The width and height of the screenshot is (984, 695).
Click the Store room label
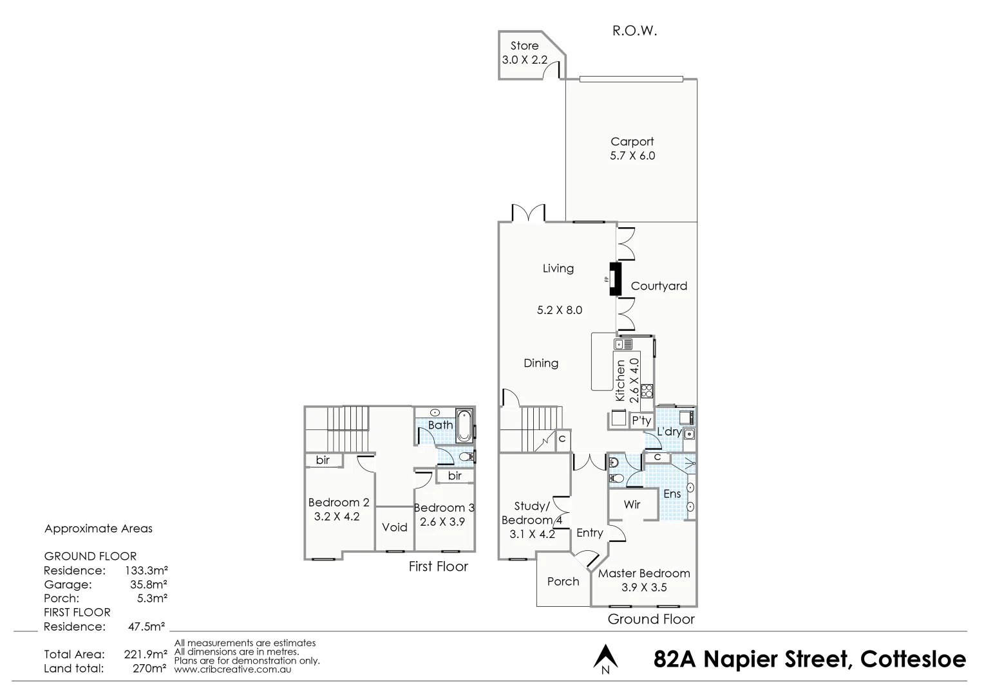pos(524,46)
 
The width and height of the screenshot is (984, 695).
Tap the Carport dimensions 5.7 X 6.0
pos(632,156)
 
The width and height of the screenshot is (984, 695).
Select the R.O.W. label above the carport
pos(634,31)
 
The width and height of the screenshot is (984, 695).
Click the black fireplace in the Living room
pos(615,280)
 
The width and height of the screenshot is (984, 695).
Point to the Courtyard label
pos(659,286)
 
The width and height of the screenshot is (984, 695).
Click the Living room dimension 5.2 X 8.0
pos(559,310)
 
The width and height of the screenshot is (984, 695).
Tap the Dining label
pos(541,364)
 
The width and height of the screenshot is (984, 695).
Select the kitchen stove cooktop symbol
pos(647,390)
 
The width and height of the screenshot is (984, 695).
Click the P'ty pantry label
pos(641,421)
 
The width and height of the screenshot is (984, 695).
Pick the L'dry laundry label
pos(669,432)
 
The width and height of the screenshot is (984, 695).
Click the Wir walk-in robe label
pos(632,505)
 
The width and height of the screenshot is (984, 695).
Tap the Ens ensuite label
pos(672,494)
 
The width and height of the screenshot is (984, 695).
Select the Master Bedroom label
pos(644,573)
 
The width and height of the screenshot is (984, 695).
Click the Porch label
pos(563,582)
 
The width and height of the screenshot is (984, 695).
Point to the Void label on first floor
pos(394,528)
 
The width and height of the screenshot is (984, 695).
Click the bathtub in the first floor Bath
pos(464,425)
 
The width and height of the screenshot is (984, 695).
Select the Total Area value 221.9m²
pos(146,654)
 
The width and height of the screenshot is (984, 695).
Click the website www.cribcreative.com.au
pos(232,669)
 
